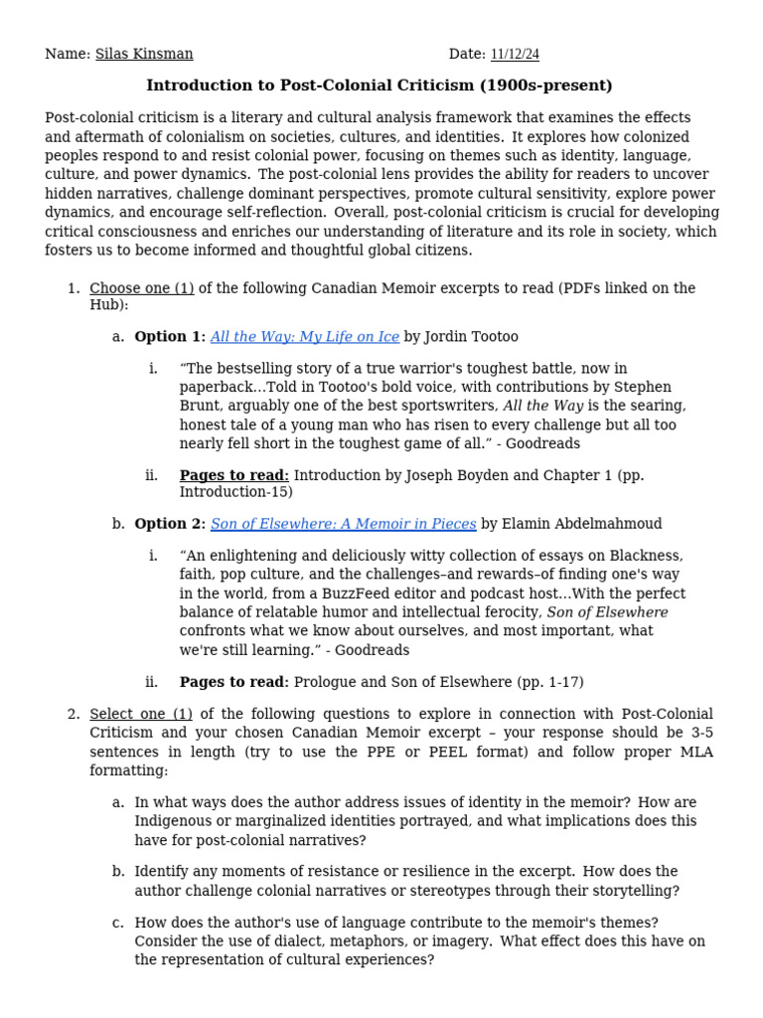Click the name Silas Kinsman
[144, 54]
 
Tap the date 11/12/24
[515, 54]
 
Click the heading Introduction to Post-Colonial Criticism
[380, 85]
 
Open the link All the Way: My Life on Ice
[305, 337]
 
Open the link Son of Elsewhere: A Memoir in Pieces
[344, 524]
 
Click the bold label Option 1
[169, 337]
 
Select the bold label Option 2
[169, 524]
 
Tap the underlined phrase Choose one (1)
[141, 288]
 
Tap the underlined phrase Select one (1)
[141, 715]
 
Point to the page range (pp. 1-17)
[549, 682]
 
